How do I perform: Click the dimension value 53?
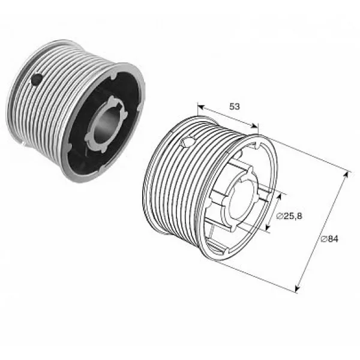coord(235,106)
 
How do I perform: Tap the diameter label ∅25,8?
coord(289,216)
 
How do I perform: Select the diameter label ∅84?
coord(329,239)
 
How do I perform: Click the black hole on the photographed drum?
coord(37,79)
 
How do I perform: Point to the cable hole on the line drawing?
coord(188,142)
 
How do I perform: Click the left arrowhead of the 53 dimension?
coord(201,107)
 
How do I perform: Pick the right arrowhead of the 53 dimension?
coord(254,126)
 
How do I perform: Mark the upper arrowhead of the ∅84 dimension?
coord(346,175)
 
